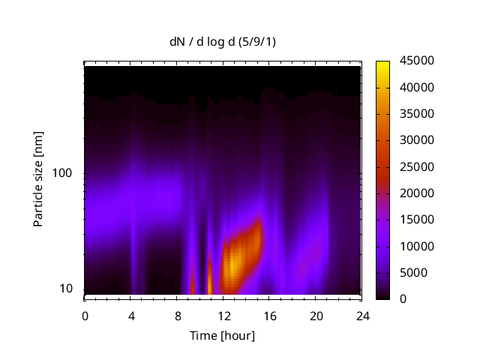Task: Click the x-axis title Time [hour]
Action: click(222, 335)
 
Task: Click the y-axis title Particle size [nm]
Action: click(38, 179)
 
